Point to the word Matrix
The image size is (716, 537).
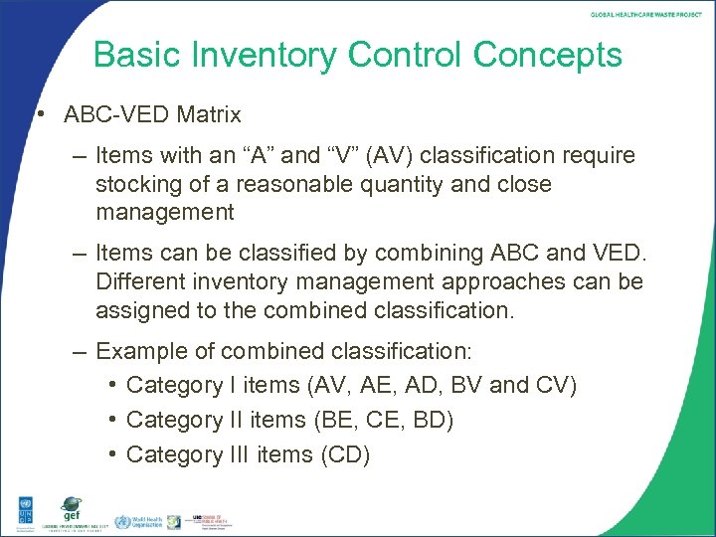[209, 114]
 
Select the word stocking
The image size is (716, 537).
[137, 184]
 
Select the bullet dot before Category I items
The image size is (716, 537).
[114, 385]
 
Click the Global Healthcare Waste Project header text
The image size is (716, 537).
[646, 14]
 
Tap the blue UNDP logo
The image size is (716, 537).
[19, 512]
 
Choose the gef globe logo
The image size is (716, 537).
[71, 508]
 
